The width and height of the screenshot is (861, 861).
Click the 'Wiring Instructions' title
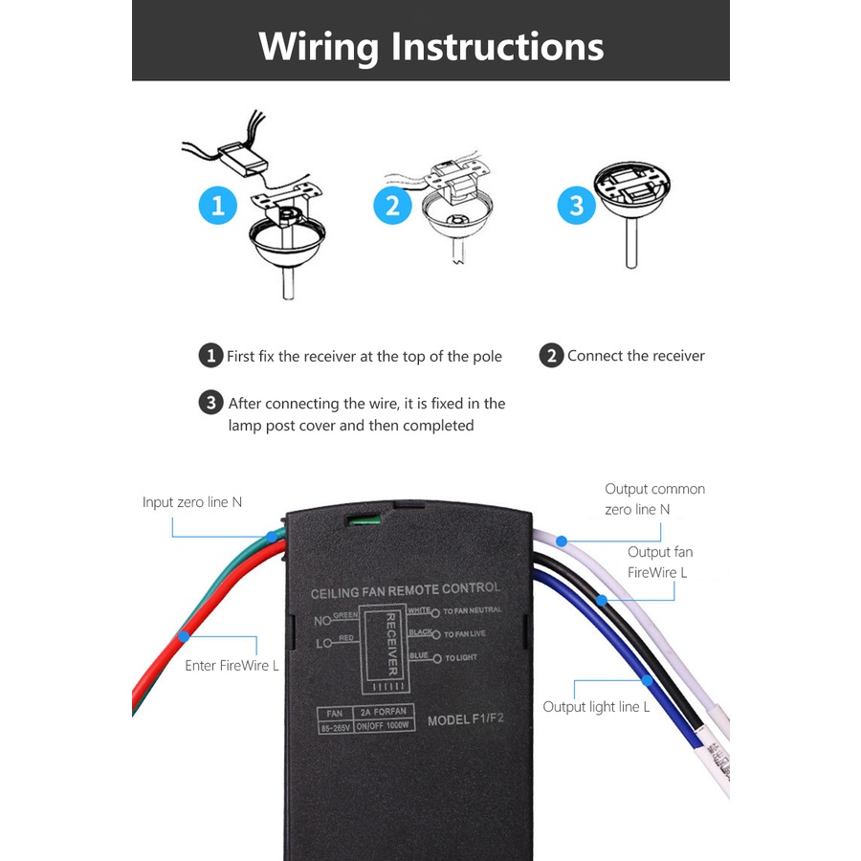pyautogui.click(x=430, y=46)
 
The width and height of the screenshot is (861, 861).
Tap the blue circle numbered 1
pyautogui.click(x=218, y=206)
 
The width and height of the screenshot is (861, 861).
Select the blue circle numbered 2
pyautogui.click(x=392, y=206)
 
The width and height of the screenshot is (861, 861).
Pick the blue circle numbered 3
pyautogui.click(x=576, y=206)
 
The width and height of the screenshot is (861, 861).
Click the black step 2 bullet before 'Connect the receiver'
pyautogui.click(x=551, y=356)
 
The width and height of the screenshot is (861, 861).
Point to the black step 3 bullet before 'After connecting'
pyautogui.click(x=211, y=403)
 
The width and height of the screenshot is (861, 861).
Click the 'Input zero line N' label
pyautogui.click(x=192, y=502)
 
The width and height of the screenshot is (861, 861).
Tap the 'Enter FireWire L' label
pyautogui.click(x=232, y=665)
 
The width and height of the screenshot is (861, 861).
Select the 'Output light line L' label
pyautogui.click(x=596, y=707)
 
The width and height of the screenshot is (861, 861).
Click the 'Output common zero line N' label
pyautogui.click(x=654, y=498)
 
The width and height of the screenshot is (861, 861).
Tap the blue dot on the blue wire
pyautogui.click(x=648, y=680)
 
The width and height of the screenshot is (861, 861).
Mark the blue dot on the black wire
pyautogui.click(x=603, y=601)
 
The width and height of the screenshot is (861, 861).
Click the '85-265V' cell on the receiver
pyautogui.click(x=336, y=727)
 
